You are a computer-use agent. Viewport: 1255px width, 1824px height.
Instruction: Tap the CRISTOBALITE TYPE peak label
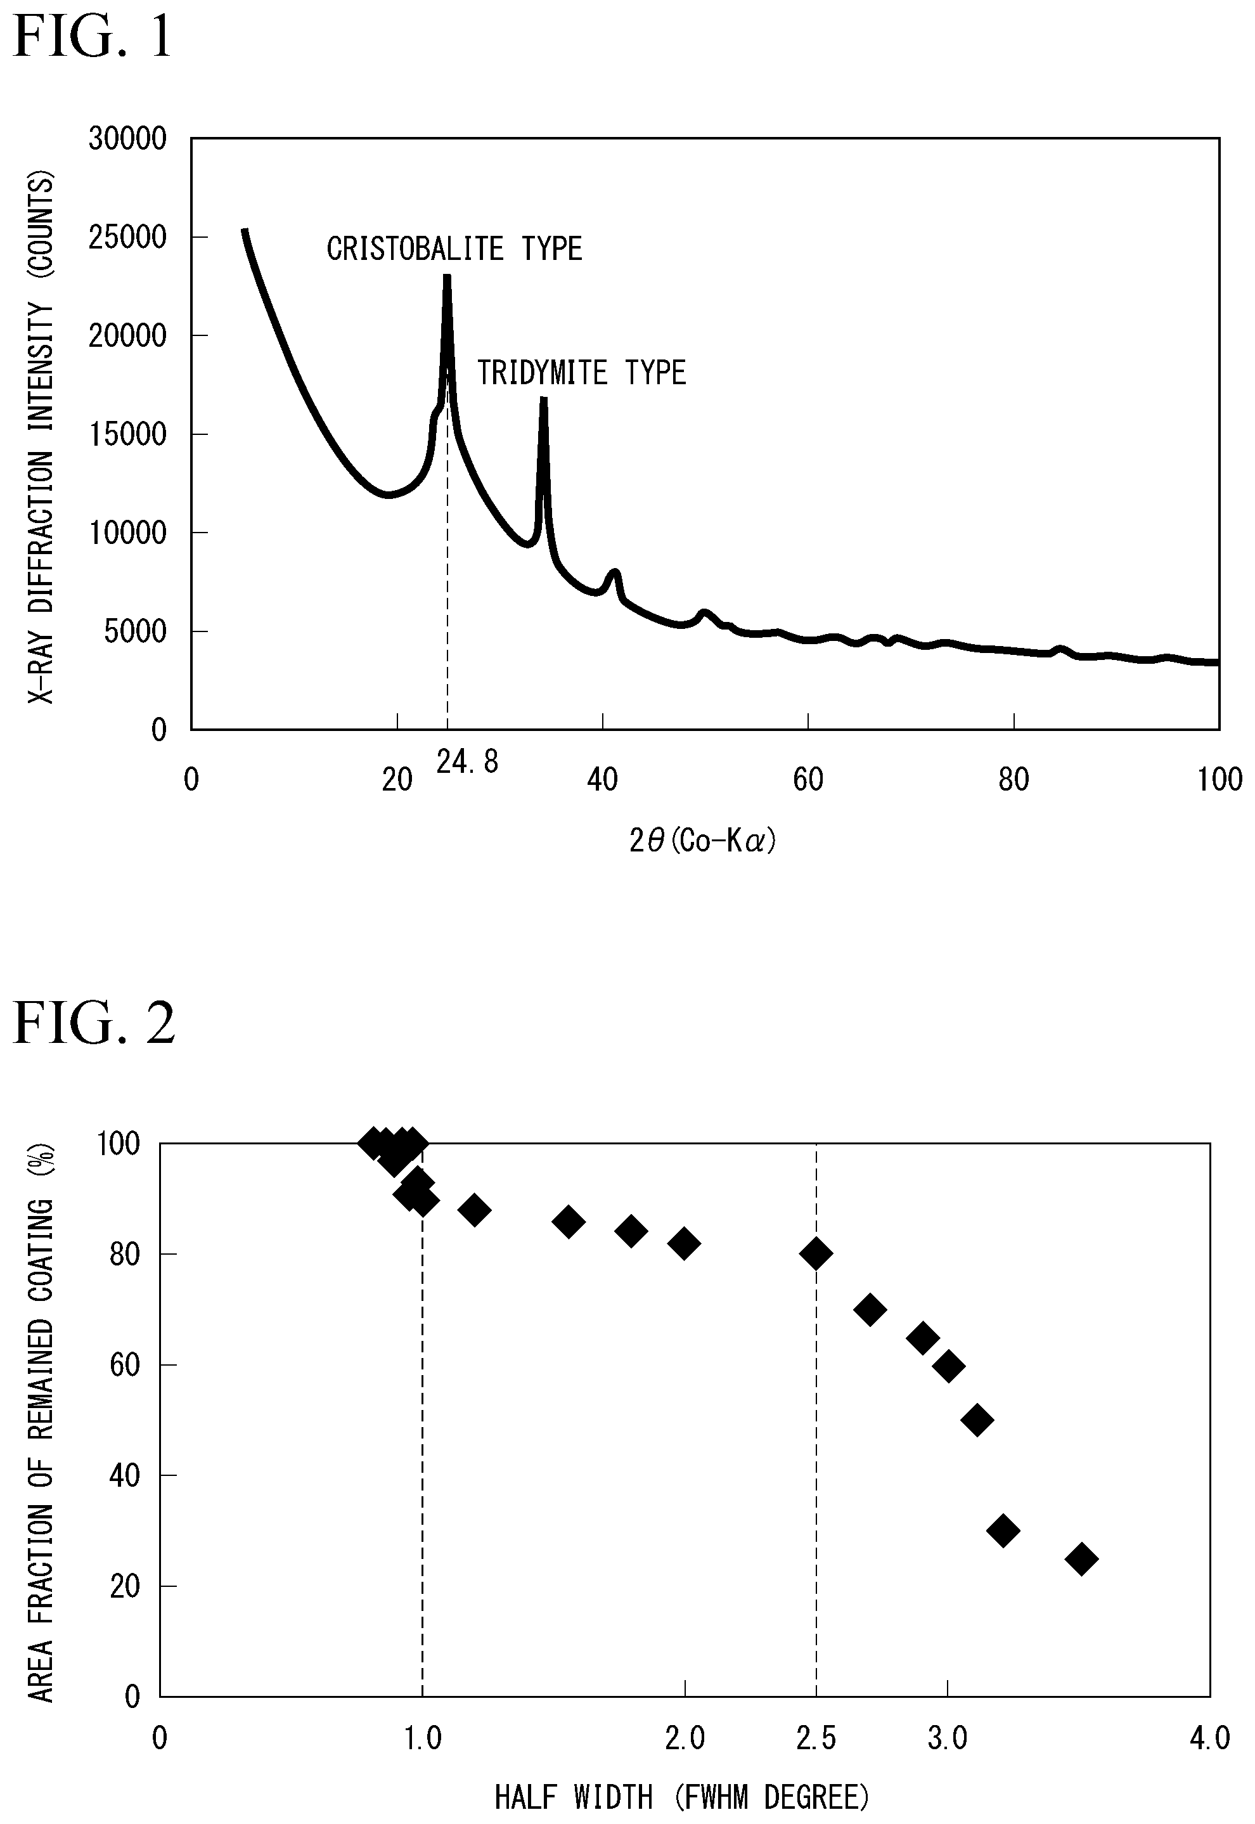tap(454, 249)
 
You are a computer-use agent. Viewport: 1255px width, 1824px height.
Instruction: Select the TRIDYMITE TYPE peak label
tap(582, 372)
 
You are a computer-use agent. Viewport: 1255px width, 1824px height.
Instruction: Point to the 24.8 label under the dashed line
tap(468, 761)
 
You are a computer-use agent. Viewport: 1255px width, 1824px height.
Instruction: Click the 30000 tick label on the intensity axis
tap(127, 139)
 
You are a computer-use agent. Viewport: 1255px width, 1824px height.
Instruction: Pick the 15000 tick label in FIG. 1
tap(127, 434)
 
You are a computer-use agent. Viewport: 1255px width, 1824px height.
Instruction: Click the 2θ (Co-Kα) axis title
tap(702, 841)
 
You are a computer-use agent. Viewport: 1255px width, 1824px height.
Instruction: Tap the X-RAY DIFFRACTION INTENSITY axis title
tap(41, 438)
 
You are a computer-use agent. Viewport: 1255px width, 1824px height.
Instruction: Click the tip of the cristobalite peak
tap(447, 275)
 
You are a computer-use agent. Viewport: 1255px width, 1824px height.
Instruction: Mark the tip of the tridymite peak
tap(543, 399)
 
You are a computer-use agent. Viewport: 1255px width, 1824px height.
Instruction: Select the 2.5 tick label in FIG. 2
tap(816, 1738)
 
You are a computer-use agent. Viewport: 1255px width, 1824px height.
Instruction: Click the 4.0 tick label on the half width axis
tap(1210, 1738)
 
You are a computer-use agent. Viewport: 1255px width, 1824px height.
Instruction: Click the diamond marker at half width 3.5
tap(1081, 1558)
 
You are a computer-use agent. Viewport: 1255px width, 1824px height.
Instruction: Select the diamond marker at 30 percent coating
tap(1003, 1530)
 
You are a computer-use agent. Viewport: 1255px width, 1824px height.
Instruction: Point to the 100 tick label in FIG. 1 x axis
tap(1220, 779)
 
